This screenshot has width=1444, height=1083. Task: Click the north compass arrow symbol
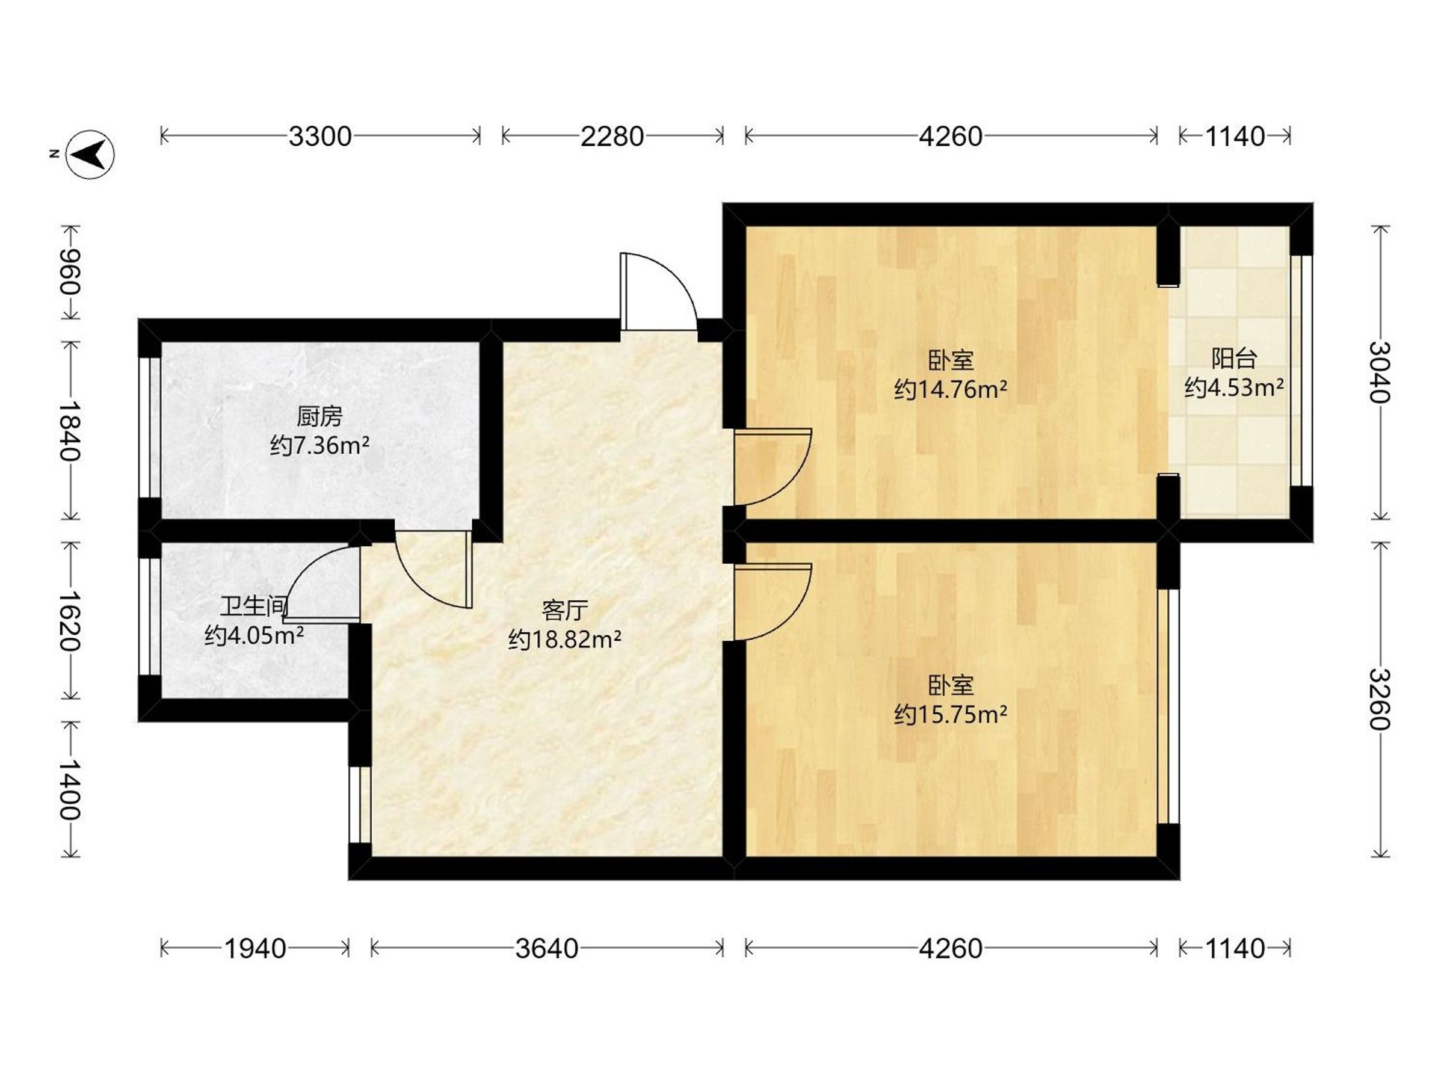(91, 155)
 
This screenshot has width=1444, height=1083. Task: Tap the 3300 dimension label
(320, 137)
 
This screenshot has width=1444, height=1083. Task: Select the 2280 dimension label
(612, 137)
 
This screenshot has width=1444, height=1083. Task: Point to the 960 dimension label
(70, 272)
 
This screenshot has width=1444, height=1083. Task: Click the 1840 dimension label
(70, 430)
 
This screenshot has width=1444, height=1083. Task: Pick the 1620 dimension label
(70, 622)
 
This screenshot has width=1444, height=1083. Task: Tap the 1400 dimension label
(70, 790)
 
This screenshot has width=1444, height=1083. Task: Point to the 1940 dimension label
(255, 948)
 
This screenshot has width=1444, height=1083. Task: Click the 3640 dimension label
(546, 948)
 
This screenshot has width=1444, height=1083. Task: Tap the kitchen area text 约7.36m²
(320, 446)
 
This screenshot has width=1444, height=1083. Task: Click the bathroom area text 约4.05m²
(254, 635)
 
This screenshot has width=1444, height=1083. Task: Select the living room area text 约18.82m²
(565, 640)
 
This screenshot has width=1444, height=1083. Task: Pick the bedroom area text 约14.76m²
(951, 390)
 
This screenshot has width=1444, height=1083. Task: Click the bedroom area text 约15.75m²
(951, 715)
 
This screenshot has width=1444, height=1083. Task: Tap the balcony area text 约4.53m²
(1235, 387)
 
